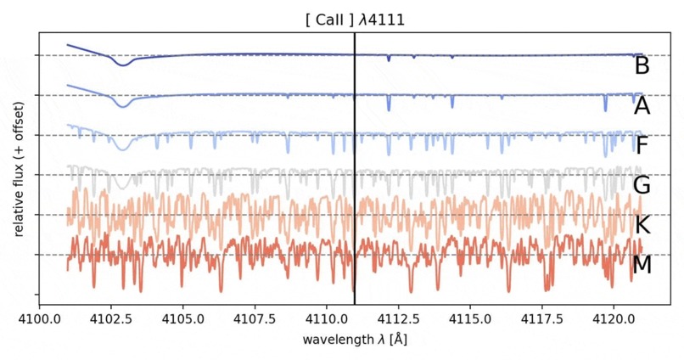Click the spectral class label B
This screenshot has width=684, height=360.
pos(642,66)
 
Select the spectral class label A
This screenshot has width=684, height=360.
pos(642,106)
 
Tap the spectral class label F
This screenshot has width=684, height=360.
pos(642,145)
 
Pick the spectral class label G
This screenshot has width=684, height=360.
pos(642,185)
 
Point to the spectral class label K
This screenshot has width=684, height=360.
pos(642,225)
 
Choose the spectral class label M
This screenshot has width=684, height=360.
pos(642,265)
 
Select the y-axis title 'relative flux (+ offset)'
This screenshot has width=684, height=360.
pos(19,167)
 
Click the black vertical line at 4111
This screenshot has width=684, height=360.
pos(355,170)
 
